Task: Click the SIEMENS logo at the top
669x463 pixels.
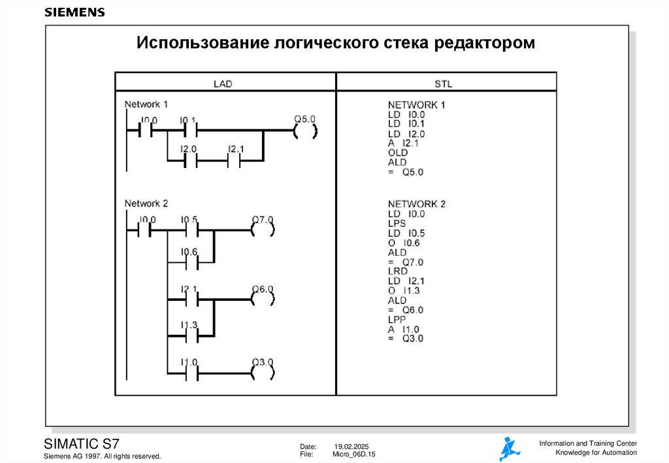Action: click(x=74, y=12)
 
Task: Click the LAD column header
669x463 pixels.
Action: click(x=223, y=84)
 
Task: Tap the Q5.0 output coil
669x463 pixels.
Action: click(x=304, y=131)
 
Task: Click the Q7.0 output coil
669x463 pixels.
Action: click(x=262, y=230)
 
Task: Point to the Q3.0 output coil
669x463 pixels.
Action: click(x=262, y=373)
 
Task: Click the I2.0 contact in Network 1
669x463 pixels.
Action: click(x=189, y=160)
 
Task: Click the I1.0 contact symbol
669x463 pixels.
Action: click(x=189, y=373)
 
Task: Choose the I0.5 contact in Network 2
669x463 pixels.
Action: click(x=189, y=230)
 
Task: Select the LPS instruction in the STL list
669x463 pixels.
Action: click(x=397, y=223)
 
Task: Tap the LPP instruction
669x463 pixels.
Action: click(x=397, y=319)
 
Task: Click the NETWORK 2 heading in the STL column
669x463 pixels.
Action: click(x=416, y=204)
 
